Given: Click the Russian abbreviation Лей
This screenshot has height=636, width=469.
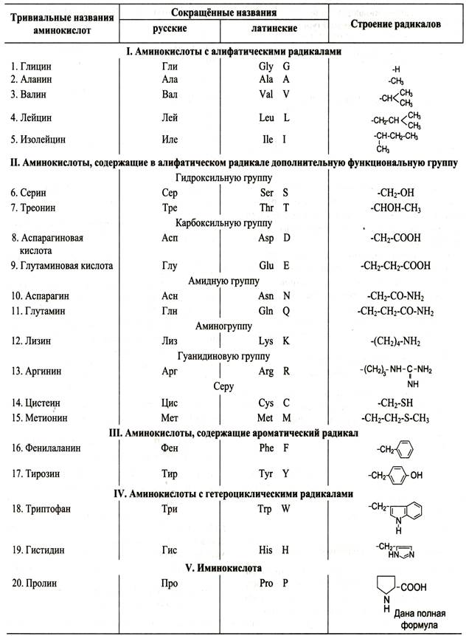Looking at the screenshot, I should pyautogui.click(x=170, y=117).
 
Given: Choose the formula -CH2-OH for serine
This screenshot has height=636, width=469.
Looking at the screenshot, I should pyautogui.click(x=395, y=193).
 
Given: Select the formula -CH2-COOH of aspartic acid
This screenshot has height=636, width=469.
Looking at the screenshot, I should pyautogui.click(x=395, y=239).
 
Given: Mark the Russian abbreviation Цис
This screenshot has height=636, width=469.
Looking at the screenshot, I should pyautogui.click(x=170, y=403).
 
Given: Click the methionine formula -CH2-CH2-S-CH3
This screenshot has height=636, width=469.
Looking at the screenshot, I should pyautogui.click(x=395, y=418).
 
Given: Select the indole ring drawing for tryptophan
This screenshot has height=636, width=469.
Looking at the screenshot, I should pyautogui.click(x=410, y=510).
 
